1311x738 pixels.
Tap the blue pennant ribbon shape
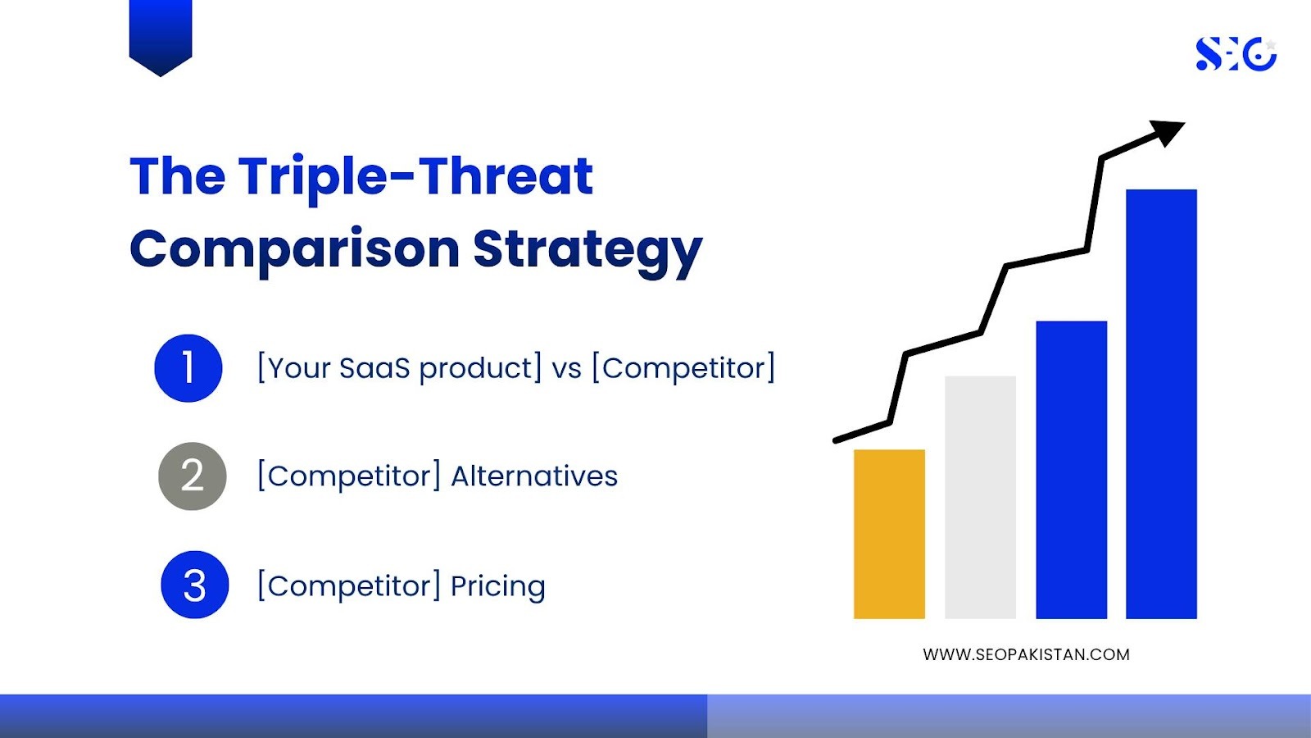(x=161, y=36)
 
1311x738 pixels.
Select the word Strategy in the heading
(x=587, y=252)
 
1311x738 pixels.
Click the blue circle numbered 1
(x=188, y=368)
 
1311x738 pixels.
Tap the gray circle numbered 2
(x=193, y=476)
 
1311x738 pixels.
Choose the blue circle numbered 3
(x=195, y=585)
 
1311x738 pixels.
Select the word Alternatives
(x=534, y=476)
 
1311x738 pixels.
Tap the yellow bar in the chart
(x=890, y=534)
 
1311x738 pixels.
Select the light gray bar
(x=980, y=497)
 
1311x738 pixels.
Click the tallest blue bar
(x=1161, y=404)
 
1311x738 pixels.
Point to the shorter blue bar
(x=1072, y=470)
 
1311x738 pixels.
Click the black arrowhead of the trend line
(x=1167, y=133)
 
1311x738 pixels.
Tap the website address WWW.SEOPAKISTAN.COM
(x=1026, y=655)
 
